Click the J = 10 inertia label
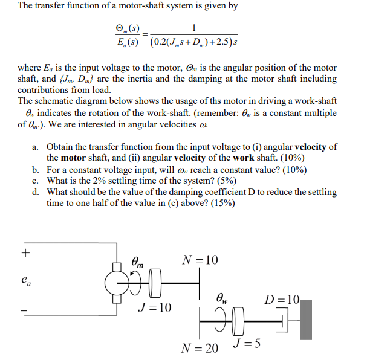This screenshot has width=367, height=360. [154, 308]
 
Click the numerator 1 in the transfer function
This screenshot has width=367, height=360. [193, 27]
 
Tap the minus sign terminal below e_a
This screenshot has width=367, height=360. [25, 312]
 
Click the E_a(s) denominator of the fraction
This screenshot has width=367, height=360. [126, 42]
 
